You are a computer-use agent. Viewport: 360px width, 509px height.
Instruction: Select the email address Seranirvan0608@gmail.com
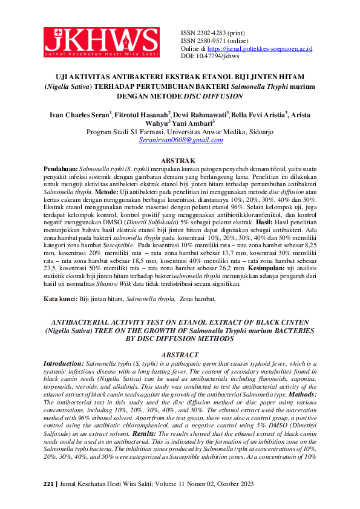(180, 140)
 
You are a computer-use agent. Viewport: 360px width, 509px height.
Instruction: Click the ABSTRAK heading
(180, 160)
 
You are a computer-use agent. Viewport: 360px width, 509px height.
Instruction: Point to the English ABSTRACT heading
(180, 355)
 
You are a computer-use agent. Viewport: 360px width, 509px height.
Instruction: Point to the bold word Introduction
(64, 363)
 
